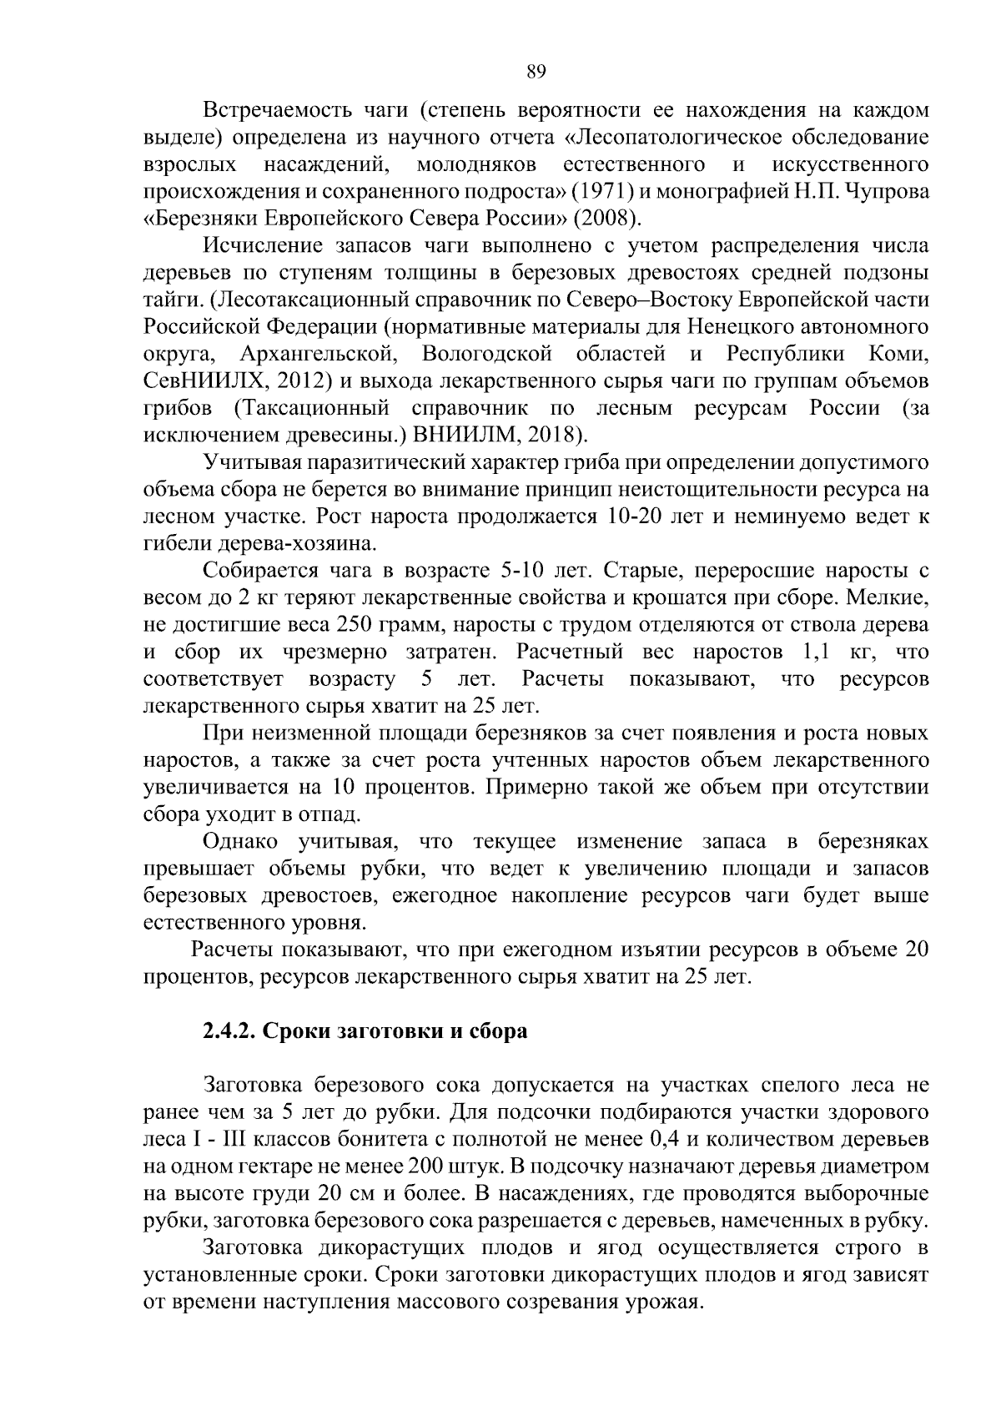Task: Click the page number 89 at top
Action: pyautogui.click(x=536, y=72)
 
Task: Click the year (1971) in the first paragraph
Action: pyautogui.click(x=599, y=191)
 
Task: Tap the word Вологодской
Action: pyautogui.click(x=487, y=354)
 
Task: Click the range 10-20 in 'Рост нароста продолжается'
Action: pyautogui.click(x=632, y=517)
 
